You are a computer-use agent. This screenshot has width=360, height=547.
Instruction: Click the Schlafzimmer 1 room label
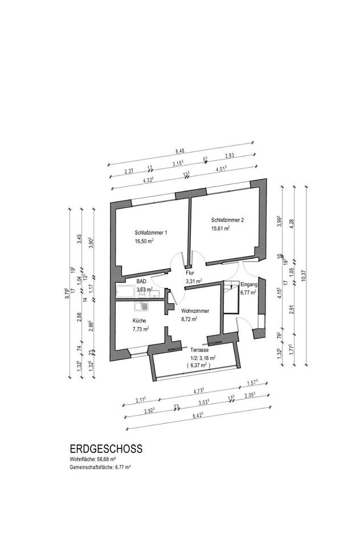coord(151,232)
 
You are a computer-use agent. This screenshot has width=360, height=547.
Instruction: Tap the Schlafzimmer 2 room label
coord(227,220)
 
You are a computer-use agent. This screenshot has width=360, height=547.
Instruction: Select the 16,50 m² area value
coord(145,241)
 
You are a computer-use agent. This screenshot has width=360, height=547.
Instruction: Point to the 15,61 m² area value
coord(220,228)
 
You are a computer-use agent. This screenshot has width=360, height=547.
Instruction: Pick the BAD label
coord(141,281)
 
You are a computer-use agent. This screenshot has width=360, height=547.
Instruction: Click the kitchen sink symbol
coord(144,306)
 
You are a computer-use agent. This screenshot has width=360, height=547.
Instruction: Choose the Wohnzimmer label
coord(194,311)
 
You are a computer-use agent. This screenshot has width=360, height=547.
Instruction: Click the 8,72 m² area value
coord(189,319)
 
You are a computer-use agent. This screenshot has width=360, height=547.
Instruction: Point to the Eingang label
coord(249,284)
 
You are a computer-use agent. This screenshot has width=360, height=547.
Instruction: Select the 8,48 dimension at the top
coord(180,151)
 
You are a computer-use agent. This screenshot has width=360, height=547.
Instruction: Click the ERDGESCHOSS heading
coord(106,449)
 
